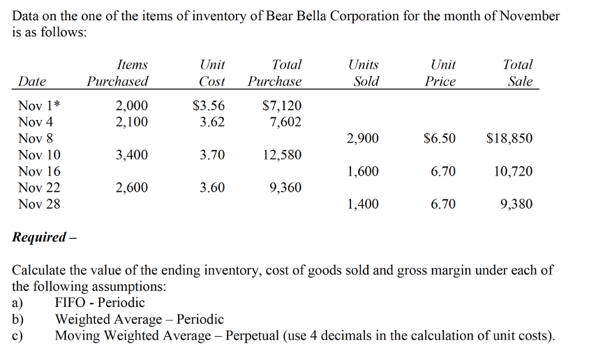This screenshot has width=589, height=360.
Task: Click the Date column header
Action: [x=31, y=82]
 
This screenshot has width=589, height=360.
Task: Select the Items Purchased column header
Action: [x=117, y=73]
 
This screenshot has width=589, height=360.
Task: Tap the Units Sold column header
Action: [x=364, y=73]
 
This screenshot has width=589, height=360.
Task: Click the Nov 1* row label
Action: [x=39, y=106]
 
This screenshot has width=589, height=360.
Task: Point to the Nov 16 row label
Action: [x=39, y=171]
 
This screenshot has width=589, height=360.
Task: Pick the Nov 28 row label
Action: [x=39, y=204]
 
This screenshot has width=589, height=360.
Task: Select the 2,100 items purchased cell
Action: [x=131, y=122]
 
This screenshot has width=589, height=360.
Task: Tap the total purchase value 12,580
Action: [x=282, y=155]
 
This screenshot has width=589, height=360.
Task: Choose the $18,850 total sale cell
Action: [x=509, y=138]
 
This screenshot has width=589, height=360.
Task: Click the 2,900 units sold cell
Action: [x=362, y=138]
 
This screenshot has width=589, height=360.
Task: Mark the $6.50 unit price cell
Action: [x=439, y=138]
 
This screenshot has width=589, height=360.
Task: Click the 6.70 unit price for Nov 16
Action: [x=442, y=171]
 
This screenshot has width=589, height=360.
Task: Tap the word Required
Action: [x=39, y=237]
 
